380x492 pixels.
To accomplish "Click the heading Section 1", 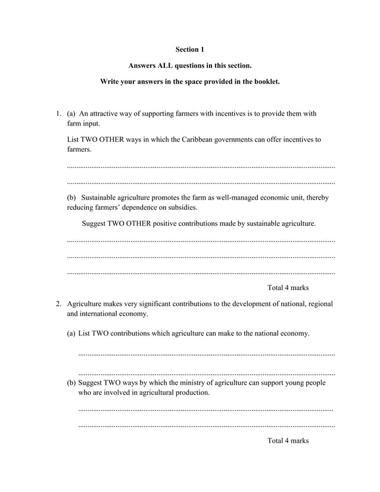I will tap(190, 49).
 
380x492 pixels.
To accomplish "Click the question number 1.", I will tap(58, 114).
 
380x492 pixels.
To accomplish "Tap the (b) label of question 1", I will tap(71, 197).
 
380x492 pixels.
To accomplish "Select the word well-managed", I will tap(239, 197).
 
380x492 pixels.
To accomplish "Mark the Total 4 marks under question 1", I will tap(288, 288).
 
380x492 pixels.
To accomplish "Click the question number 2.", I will tap(58, 304).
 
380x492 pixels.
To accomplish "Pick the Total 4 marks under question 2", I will tap(288, 441).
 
